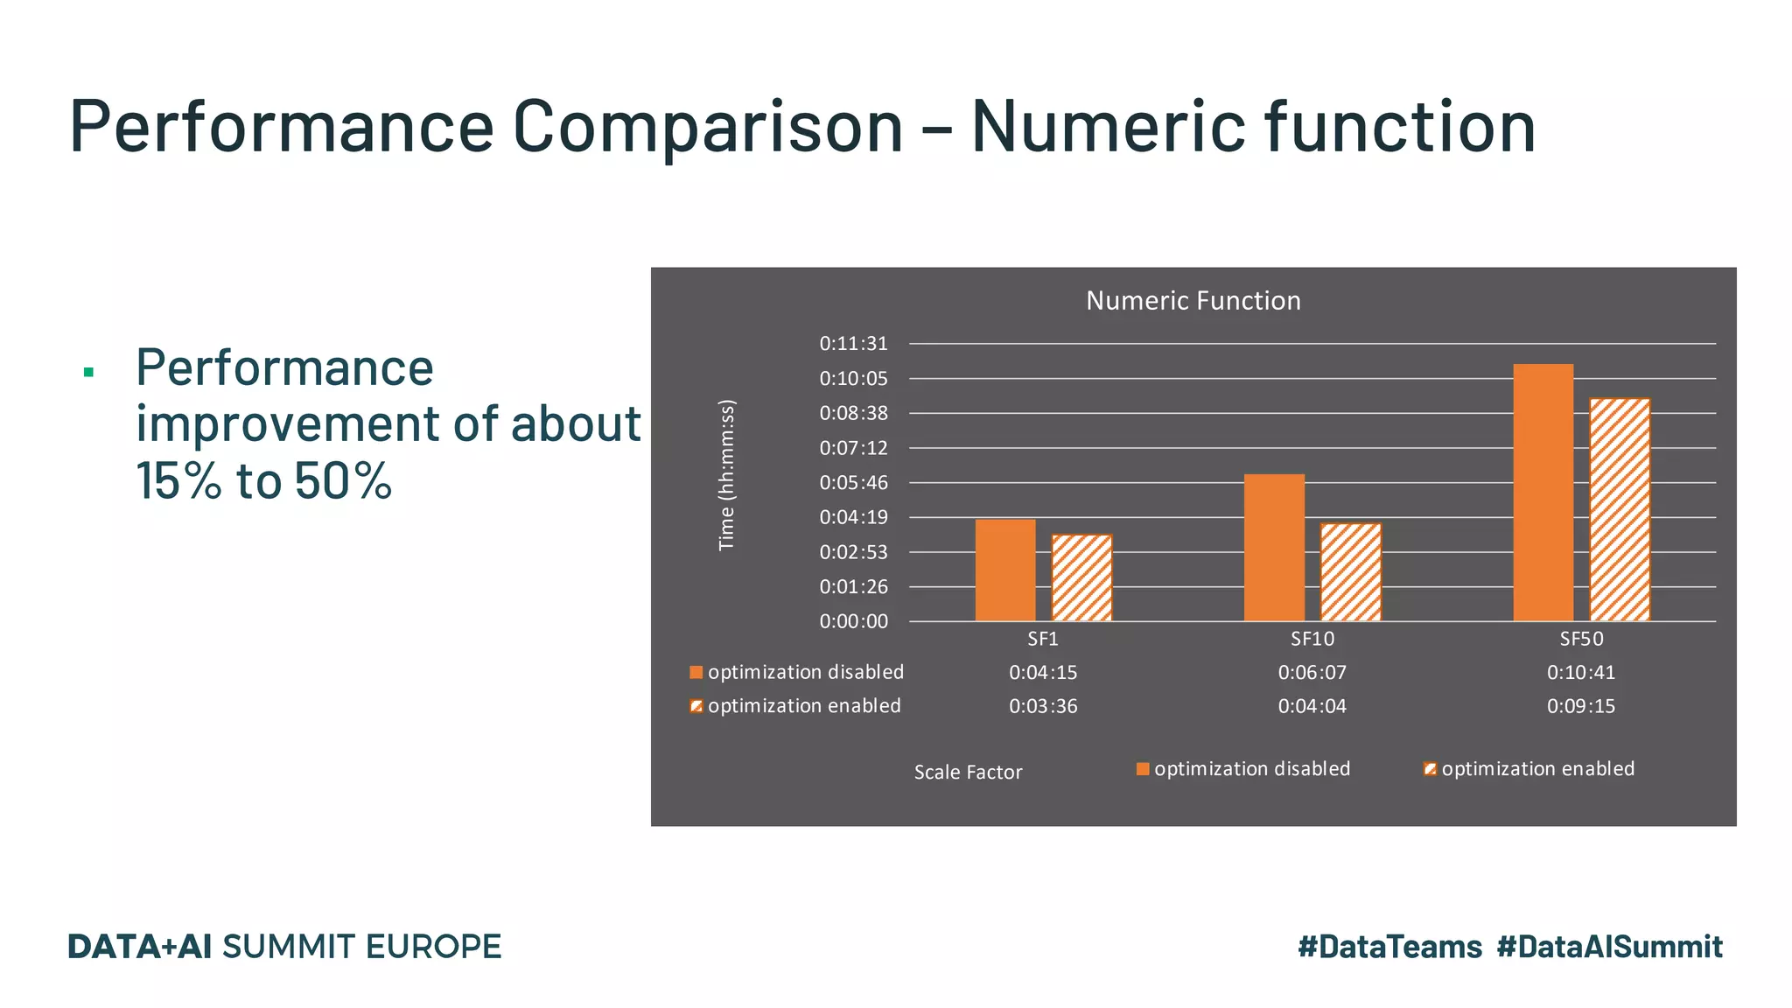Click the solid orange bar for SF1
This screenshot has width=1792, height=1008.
click(x=1005, y=570)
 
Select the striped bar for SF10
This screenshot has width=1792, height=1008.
click(x=1350, y=572)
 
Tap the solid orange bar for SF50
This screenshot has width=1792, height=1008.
click(x=1543, y=493)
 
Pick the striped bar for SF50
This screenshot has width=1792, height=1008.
click(x=1619, y=510)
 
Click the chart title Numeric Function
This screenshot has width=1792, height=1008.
click(x=1193, y=301)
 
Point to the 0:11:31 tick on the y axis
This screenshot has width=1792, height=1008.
click(x=853, y=344)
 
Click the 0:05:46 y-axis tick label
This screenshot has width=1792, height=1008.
click(x=853, y=483)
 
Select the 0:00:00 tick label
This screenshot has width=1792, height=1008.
click(x=853, y=622)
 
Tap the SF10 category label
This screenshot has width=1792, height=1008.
click(x=1312, y=640)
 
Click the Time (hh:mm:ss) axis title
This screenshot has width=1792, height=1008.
click(x=726, y=475)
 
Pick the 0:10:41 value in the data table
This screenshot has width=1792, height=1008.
click(x=1580, y=673)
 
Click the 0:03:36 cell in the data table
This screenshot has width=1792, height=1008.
click(x=1043, y=706)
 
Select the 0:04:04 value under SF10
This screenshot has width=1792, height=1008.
click(x=1312, y=706)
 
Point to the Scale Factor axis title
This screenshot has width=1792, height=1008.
click(x=968, y=773)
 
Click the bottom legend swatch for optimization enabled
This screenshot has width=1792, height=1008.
click(x=1430, y=769)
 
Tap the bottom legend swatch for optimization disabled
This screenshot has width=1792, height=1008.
click(x=1142, y=769)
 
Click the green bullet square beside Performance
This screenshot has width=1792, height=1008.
click(x=88, y=373)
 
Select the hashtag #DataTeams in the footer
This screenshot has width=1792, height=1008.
click(x=1389, y=947)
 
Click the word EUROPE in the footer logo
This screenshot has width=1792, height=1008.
click(x=433, y=947)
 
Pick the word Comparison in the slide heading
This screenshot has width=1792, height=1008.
click(x=707, y=126)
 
